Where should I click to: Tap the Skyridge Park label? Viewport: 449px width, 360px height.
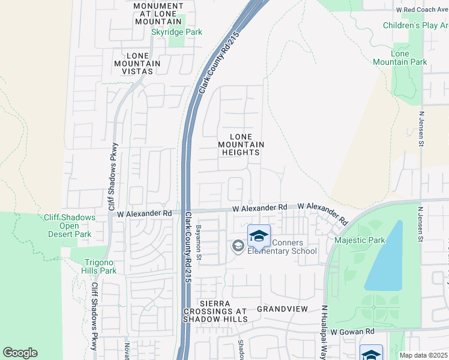pos(176,32)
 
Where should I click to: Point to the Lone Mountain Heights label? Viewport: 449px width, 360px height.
pos(241,144)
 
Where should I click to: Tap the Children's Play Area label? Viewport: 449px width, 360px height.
pos(415,25)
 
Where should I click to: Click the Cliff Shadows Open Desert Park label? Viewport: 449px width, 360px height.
pos(69,226)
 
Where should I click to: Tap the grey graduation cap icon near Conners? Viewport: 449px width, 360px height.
pos(238,246)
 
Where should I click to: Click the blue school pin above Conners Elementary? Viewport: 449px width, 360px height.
pos(259,235)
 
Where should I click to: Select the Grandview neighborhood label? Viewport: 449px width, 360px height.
pos(282,309)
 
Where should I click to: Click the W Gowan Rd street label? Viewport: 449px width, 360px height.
pos(352,331)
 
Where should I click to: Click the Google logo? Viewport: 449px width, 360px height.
pos(20,353)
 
